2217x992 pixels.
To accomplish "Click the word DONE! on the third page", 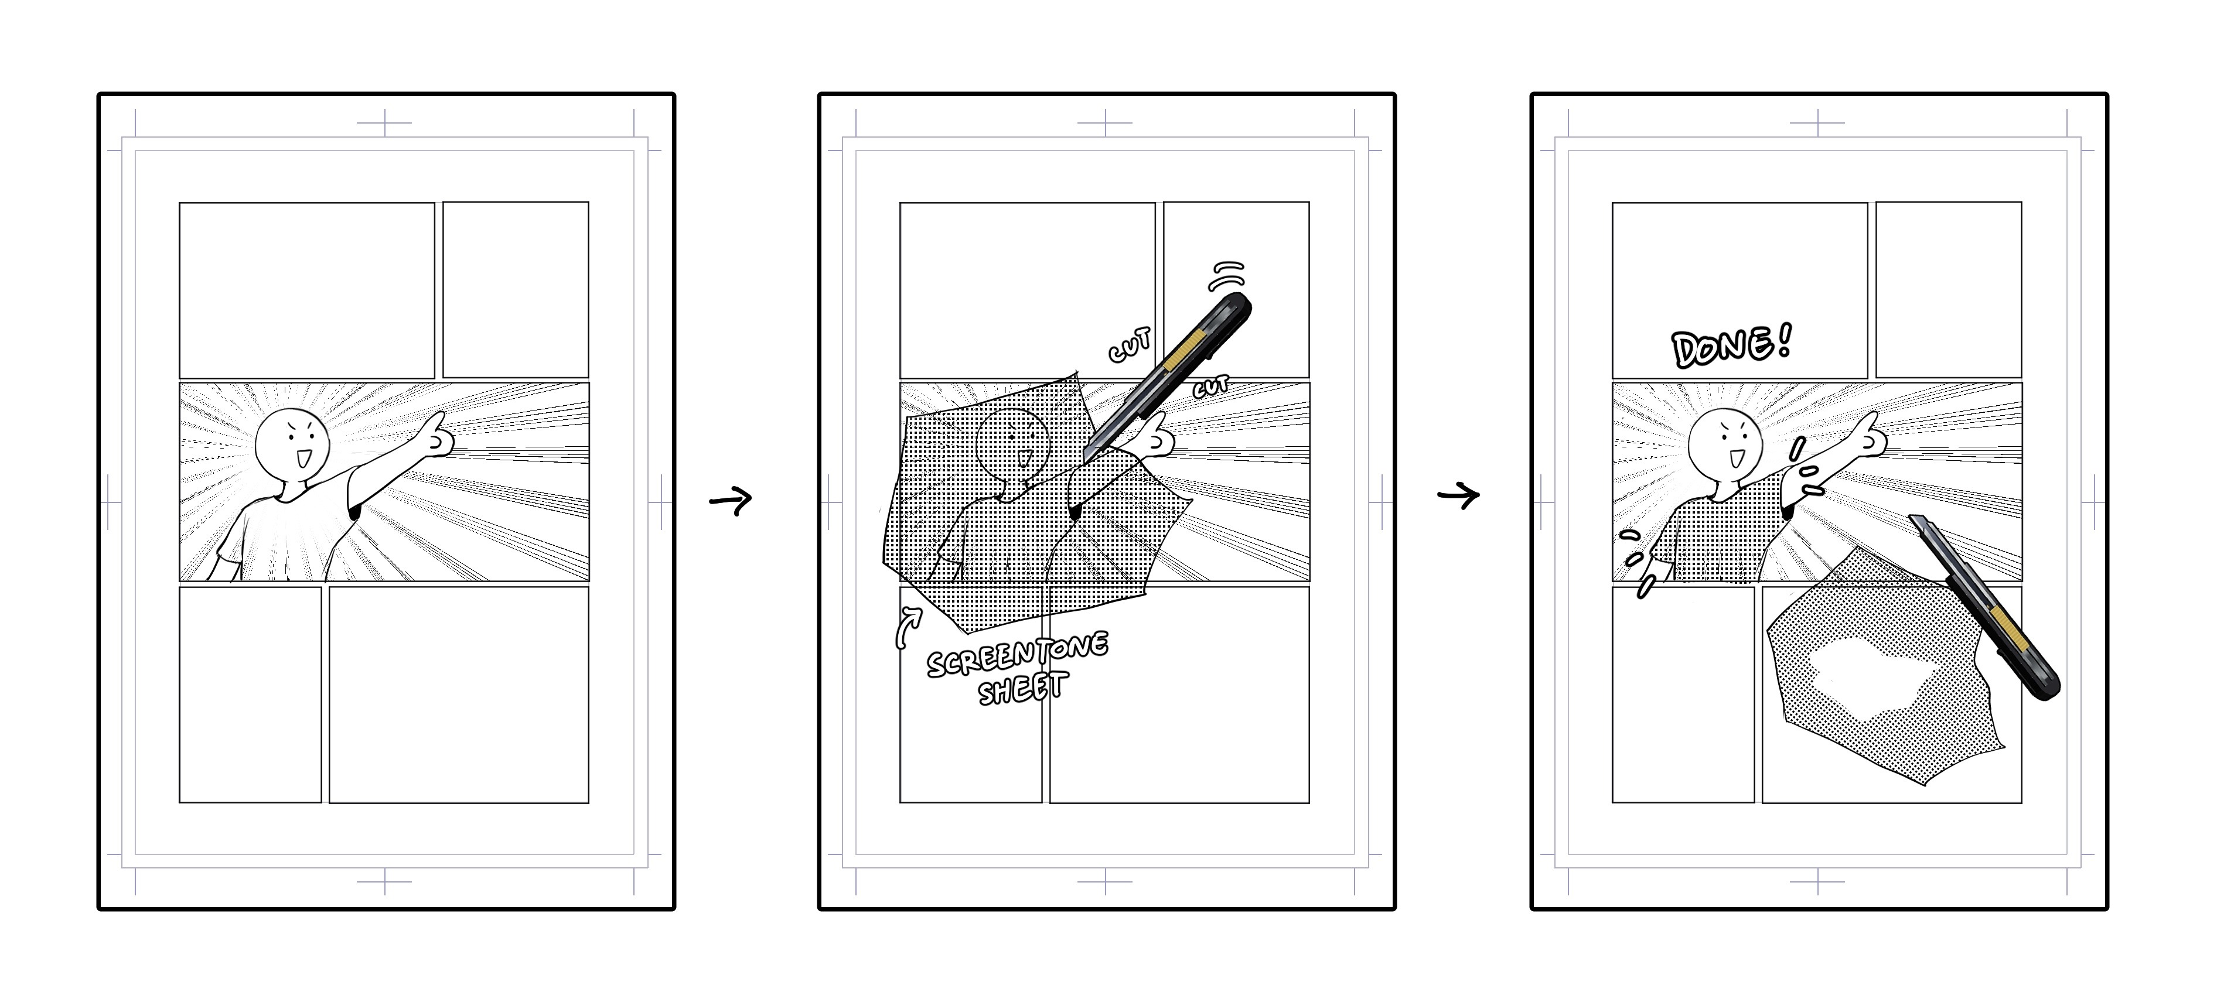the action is [1732, 347].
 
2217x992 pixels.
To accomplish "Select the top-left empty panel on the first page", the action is [307, 290].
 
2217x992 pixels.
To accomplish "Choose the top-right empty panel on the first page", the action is [516, 290].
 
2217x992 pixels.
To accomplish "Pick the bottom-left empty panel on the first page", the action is [250, 695].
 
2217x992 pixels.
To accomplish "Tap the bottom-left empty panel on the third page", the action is [1683, 695].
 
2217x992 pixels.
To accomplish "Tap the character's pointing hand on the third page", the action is [1870, 435].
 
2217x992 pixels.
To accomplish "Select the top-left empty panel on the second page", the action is [1028, 290].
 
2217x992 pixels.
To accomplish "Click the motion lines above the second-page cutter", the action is [1226, 276].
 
